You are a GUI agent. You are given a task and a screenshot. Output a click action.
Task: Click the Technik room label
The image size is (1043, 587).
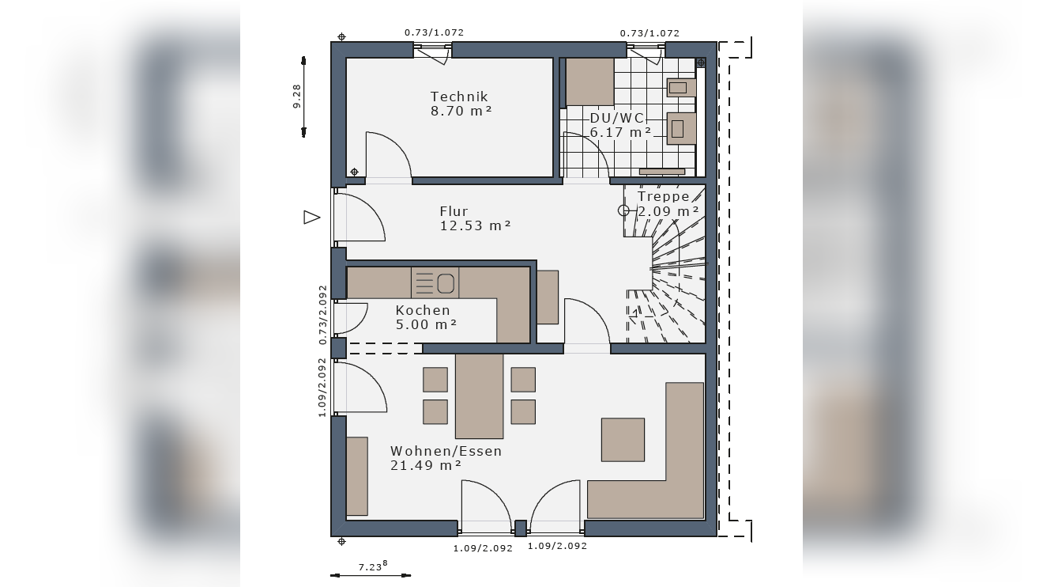click(458, 97)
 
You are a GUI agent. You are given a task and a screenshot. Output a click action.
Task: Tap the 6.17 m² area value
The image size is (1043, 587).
click(620, 132)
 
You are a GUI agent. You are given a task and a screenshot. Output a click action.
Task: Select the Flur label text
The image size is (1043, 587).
click(454, 211)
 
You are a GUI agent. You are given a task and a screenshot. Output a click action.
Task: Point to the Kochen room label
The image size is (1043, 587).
click(423, 310)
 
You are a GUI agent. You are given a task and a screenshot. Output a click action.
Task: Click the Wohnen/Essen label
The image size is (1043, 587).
click(446, 451)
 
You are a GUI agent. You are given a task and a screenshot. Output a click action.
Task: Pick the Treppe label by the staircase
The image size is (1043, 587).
click(663, 196)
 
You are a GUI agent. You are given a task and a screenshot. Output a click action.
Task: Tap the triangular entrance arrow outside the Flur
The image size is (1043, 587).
click(311, 218)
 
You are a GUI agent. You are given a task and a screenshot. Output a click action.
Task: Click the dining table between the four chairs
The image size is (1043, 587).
click(479, 396)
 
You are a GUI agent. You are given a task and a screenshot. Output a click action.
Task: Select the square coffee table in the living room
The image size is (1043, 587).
click(623, 440)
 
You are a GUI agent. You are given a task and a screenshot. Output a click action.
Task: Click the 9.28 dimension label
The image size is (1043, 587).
click(296, 97)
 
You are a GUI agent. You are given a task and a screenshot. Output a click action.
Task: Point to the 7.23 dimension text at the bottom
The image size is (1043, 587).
click(372, 566)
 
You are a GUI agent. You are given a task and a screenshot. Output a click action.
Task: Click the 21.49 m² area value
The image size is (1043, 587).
click(426, 465)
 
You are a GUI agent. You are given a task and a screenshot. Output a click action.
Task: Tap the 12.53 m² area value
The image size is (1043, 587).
click(476, 225)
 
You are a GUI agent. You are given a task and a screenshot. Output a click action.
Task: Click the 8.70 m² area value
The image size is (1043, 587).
click(461, 111)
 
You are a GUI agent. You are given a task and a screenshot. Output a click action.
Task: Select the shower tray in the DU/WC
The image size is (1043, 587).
click(590, 82)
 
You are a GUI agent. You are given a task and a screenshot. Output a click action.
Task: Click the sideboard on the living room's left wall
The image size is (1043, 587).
click(357, 476)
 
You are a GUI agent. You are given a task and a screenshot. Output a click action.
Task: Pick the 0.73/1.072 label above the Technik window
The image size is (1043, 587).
click(434, 32)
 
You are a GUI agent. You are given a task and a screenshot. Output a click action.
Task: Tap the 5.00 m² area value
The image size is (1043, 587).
click(426, 324)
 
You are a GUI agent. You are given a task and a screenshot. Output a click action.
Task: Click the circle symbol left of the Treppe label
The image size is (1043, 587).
click(623, 210)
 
